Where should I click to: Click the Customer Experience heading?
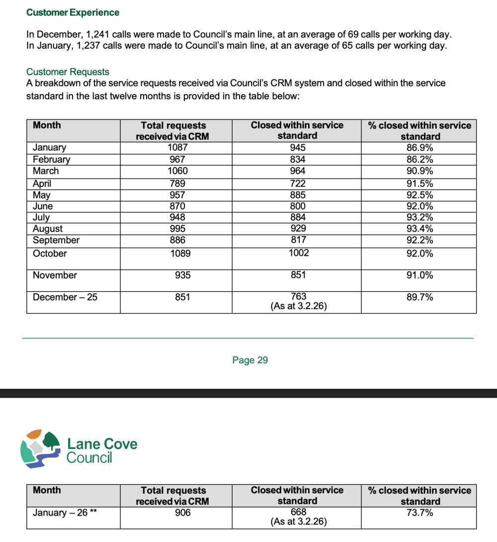(x=73, y=12)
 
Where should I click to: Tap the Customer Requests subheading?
(x=68, y=72)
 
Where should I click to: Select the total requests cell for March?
(x=177, y=171)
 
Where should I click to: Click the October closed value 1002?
(x=298, y=253)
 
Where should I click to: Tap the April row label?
(x=42, y=184)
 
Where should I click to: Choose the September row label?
(x=56, y=240)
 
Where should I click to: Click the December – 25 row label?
(x=65, y=297)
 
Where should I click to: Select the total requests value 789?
(x=177, y=184)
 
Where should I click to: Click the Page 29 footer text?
(x=250, y=360)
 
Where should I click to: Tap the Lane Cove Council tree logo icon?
(x=41, y=448)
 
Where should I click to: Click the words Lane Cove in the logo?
(x=102, y=443)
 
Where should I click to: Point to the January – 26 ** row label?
(x=64, y=513)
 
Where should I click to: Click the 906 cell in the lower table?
(x=182, y=513)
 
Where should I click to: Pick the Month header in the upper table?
(x=47, y=125)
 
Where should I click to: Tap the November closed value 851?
(x=298, y=275)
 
